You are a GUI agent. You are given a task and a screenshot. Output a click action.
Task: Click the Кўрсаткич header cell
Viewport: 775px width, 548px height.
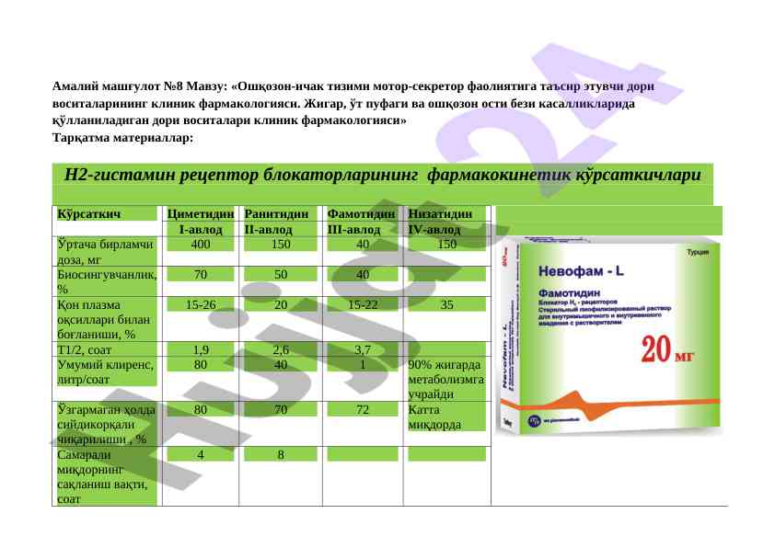click(90, 214)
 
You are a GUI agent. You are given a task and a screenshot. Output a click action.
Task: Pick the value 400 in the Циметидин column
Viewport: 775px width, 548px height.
click(200, 245)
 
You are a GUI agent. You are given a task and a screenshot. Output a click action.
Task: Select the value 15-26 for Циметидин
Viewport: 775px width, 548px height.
click(200, 304)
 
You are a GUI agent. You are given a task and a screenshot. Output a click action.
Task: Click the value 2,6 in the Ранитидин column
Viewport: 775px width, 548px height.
click(281, 349)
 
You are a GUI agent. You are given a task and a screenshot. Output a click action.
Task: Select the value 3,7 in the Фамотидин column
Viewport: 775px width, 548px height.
click(362, 349)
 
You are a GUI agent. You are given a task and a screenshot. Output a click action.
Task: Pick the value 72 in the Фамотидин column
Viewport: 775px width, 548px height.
click(362, 409)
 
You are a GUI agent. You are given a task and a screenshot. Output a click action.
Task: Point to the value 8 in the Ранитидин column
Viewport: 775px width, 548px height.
click(281, 453)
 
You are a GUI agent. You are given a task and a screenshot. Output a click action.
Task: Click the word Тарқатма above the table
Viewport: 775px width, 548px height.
click(89, 138)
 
